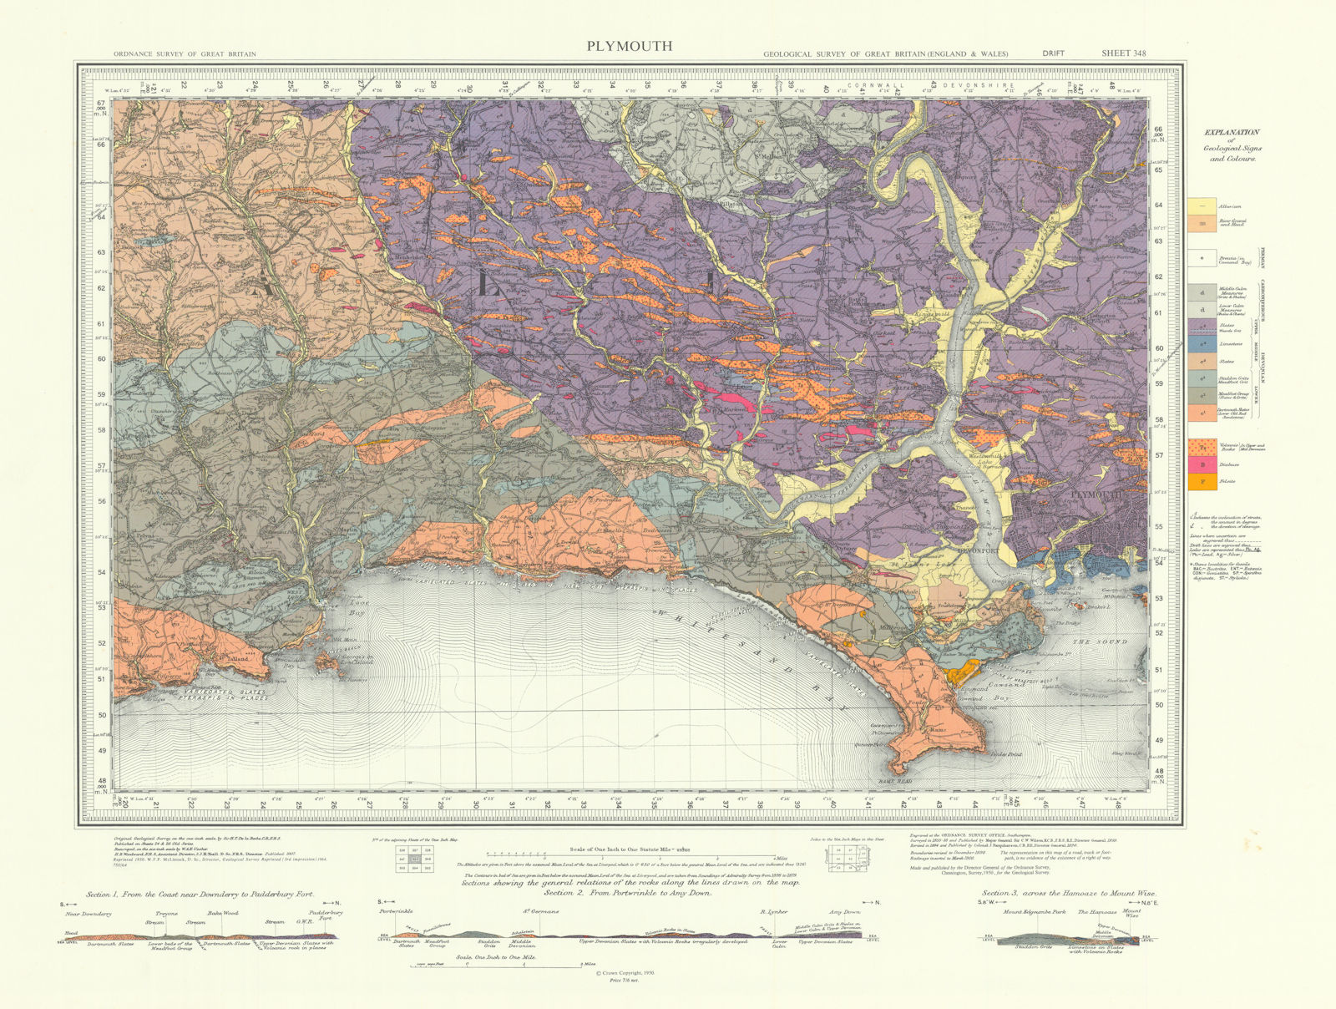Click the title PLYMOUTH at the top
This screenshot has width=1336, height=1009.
(629, 46)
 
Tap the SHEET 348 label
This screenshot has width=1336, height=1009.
(1123, 53)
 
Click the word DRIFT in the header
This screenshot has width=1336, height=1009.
(1053, 54)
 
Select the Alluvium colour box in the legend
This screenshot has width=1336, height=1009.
(1202, 206)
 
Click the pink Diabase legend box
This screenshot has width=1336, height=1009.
(1202, 464)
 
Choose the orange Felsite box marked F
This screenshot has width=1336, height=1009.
(1202, 482)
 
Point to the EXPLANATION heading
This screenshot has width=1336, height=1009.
(1232, 133)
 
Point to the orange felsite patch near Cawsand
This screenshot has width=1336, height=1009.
(962, 670)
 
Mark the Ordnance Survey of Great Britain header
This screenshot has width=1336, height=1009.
(185, 54)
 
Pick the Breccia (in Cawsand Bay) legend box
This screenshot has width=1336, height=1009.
(1202, 258)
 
